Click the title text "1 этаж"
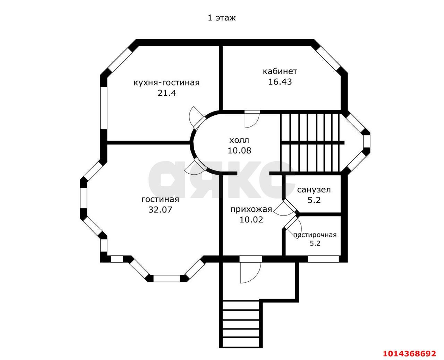click(222, 18)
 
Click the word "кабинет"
click(280, 71)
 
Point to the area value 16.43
click(280, 82)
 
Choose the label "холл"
click(239, 140)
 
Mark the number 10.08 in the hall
click(239, 150)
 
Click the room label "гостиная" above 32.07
click(160, 200)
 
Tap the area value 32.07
click(160, 210)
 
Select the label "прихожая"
click(251, 209)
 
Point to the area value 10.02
click(251, 219)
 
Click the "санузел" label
click(314, 190)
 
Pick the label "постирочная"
click(315, 235)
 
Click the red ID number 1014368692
click(409, 354)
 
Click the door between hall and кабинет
click(251, 119)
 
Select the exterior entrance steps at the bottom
click(241, 324)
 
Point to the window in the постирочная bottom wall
click(323, 258)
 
